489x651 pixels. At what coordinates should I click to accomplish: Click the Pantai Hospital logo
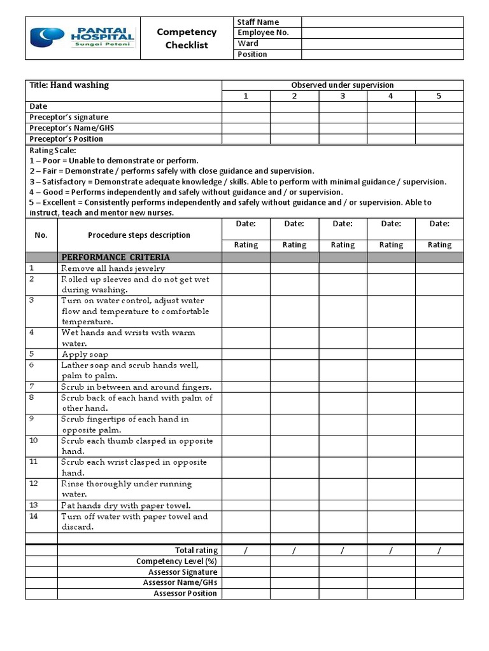click(x=83, y=38)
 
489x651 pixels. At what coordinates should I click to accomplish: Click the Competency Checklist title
click(x=187, y=38)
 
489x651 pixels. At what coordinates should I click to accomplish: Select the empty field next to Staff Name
click(x=382, y=22)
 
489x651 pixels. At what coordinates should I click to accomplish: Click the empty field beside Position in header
click(x=382, y=55)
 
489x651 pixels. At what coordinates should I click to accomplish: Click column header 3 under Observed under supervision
click(x=343, y=96)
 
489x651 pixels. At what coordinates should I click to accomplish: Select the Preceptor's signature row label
click(x=69, y=118)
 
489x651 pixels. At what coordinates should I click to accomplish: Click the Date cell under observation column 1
click(x=246, y=107)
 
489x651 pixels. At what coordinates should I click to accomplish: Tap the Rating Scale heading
click(x=53, y=151)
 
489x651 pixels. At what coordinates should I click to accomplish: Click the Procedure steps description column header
click(x=139, y=235)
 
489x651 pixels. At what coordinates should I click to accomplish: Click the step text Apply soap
click(x=85, y=355)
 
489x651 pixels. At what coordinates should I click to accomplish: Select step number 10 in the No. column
click(x=34, y=441)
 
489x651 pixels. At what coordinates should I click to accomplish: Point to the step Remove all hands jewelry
click(x=113, y=269)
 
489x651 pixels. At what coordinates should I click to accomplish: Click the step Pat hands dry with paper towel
click(x=125, y=506)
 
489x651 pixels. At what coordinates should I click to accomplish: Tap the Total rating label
click(x=196, y=551)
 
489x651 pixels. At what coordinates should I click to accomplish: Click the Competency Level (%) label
click(x=176, y=561)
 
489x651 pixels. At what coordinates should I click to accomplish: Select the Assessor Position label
click(x=185, y=594)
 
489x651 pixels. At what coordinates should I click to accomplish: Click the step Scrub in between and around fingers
click(x=136, y=387)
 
